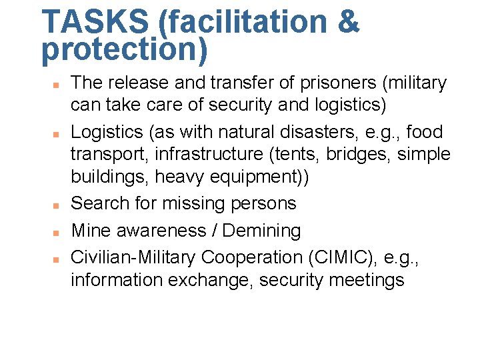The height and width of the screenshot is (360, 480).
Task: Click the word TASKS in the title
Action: [x=95, y=21]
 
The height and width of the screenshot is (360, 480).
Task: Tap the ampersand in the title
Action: [x=347, y=21]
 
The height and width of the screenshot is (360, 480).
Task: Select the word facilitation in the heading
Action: [x=243, y=21]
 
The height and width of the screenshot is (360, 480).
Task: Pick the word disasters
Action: [x=329, y=132]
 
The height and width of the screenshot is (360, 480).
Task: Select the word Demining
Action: [x=261, y=231]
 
